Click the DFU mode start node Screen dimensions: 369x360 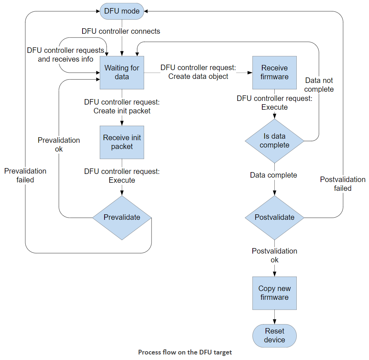[x=122, y=11]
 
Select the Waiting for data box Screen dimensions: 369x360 [x=122, y=73]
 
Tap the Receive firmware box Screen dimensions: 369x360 [x=274, y=73]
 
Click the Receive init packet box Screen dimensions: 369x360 [x=122, y=142]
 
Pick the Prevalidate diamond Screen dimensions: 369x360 [x=122, y=218]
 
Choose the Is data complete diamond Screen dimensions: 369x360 [x=274, y=141]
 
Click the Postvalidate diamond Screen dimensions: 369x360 [x=274, y=218]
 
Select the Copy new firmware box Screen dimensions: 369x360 [x=274, y=293]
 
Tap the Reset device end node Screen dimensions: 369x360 [x=274, y=336]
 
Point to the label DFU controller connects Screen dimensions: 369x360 [x=121, y=31]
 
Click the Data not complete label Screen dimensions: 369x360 [x=319, y=85]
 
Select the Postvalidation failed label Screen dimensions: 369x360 [x=343, y=183]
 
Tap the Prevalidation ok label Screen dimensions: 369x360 [x=59, y=145]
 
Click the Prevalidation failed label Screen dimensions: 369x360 [x=25, y=175]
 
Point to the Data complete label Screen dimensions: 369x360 [x=274, y=175]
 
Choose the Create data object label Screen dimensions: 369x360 [x=198, y=76]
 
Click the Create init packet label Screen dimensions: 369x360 [x=122, y=111]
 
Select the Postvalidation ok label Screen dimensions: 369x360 [x=274, y=255]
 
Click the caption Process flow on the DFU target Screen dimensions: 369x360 [x=185, y=352]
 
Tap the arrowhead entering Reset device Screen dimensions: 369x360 [x=274, y=322]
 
